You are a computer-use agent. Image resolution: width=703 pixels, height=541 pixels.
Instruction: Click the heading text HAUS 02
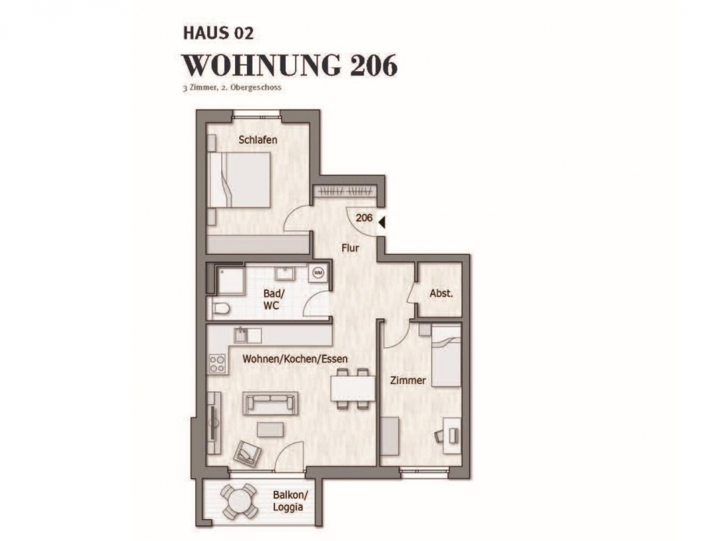pyautogui.click(x=219, y=33)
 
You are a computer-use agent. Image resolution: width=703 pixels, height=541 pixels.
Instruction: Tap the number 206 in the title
pyautogui.click(x=373, y=66)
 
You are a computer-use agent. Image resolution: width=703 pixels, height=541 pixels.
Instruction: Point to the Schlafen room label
pyautogui.click(x=258, y=139)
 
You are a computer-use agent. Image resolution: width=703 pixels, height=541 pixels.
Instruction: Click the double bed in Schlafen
pyautogui.click(x=240, y=180)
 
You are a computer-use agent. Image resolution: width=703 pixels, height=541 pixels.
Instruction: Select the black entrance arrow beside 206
pyautogui.click(x=381, y=222)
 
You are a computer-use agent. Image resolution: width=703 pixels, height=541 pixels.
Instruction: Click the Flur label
pyautogui.click(x=350, y=248)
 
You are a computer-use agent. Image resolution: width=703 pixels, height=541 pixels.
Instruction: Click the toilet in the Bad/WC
pyautogui.click(x=219, y=308)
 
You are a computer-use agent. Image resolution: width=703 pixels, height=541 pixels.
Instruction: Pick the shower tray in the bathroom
pyautogui.click(x=230, y=281)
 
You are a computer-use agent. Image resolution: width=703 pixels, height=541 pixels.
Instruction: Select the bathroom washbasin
pyautogui.click(x=284, y=272)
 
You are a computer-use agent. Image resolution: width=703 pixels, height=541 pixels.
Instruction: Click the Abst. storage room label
pyautogui.click(x=441, y=294)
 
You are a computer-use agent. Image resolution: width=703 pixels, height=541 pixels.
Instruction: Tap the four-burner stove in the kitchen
pyautogui.click(x=217, y=364)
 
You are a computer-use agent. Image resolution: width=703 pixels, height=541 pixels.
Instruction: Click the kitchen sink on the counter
pyautogui.click(x=241, y=335)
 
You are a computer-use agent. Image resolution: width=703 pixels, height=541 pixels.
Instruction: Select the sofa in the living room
pyautogui.click(x=270, y=403)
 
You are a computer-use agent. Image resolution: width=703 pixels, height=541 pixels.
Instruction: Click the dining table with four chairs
pyautogui.click(x=352, y=389)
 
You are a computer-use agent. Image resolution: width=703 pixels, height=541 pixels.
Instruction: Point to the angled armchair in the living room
pyautogui.click(x=248, y=454)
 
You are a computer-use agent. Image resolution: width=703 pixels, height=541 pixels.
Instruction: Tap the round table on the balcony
pyautogui.click(x=238, y=500)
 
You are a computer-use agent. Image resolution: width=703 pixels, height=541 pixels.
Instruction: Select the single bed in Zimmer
pyautogui.click(x=446, y=356)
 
